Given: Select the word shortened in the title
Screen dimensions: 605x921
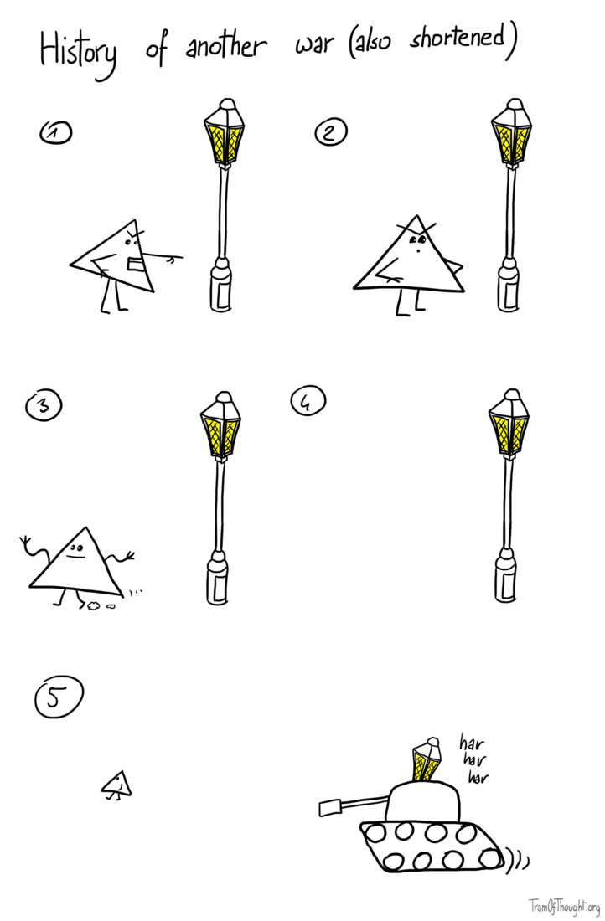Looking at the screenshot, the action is [x=457, y=40].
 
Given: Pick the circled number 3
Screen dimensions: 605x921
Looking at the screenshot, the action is [x=44, y=406].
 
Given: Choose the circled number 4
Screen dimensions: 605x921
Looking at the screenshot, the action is [x=308, y=402].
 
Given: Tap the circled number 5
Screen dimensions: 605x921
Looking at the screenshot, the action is [x=59, y=697].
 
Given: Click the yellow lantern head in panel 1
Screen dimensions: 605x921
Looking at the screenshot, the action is [x=224, y=134].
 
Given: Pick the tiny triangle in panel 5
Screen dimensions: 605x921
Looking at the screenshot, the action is [x=116, y=785].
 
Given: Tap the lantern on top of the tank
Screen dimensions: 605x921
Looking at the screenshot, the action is [x=427, y=759].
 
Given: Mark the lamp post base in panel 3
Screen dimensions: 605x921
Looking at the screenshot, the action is [x=217, y=578].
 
